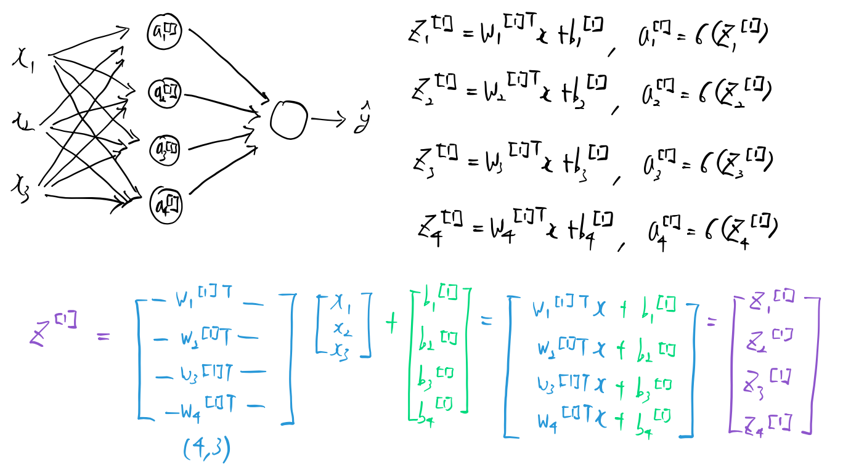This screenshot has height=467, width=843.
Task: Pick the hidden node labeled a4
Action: (x=166, y=200)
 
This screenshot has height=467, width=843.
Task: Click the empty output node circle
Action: (x=288, y=118)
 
